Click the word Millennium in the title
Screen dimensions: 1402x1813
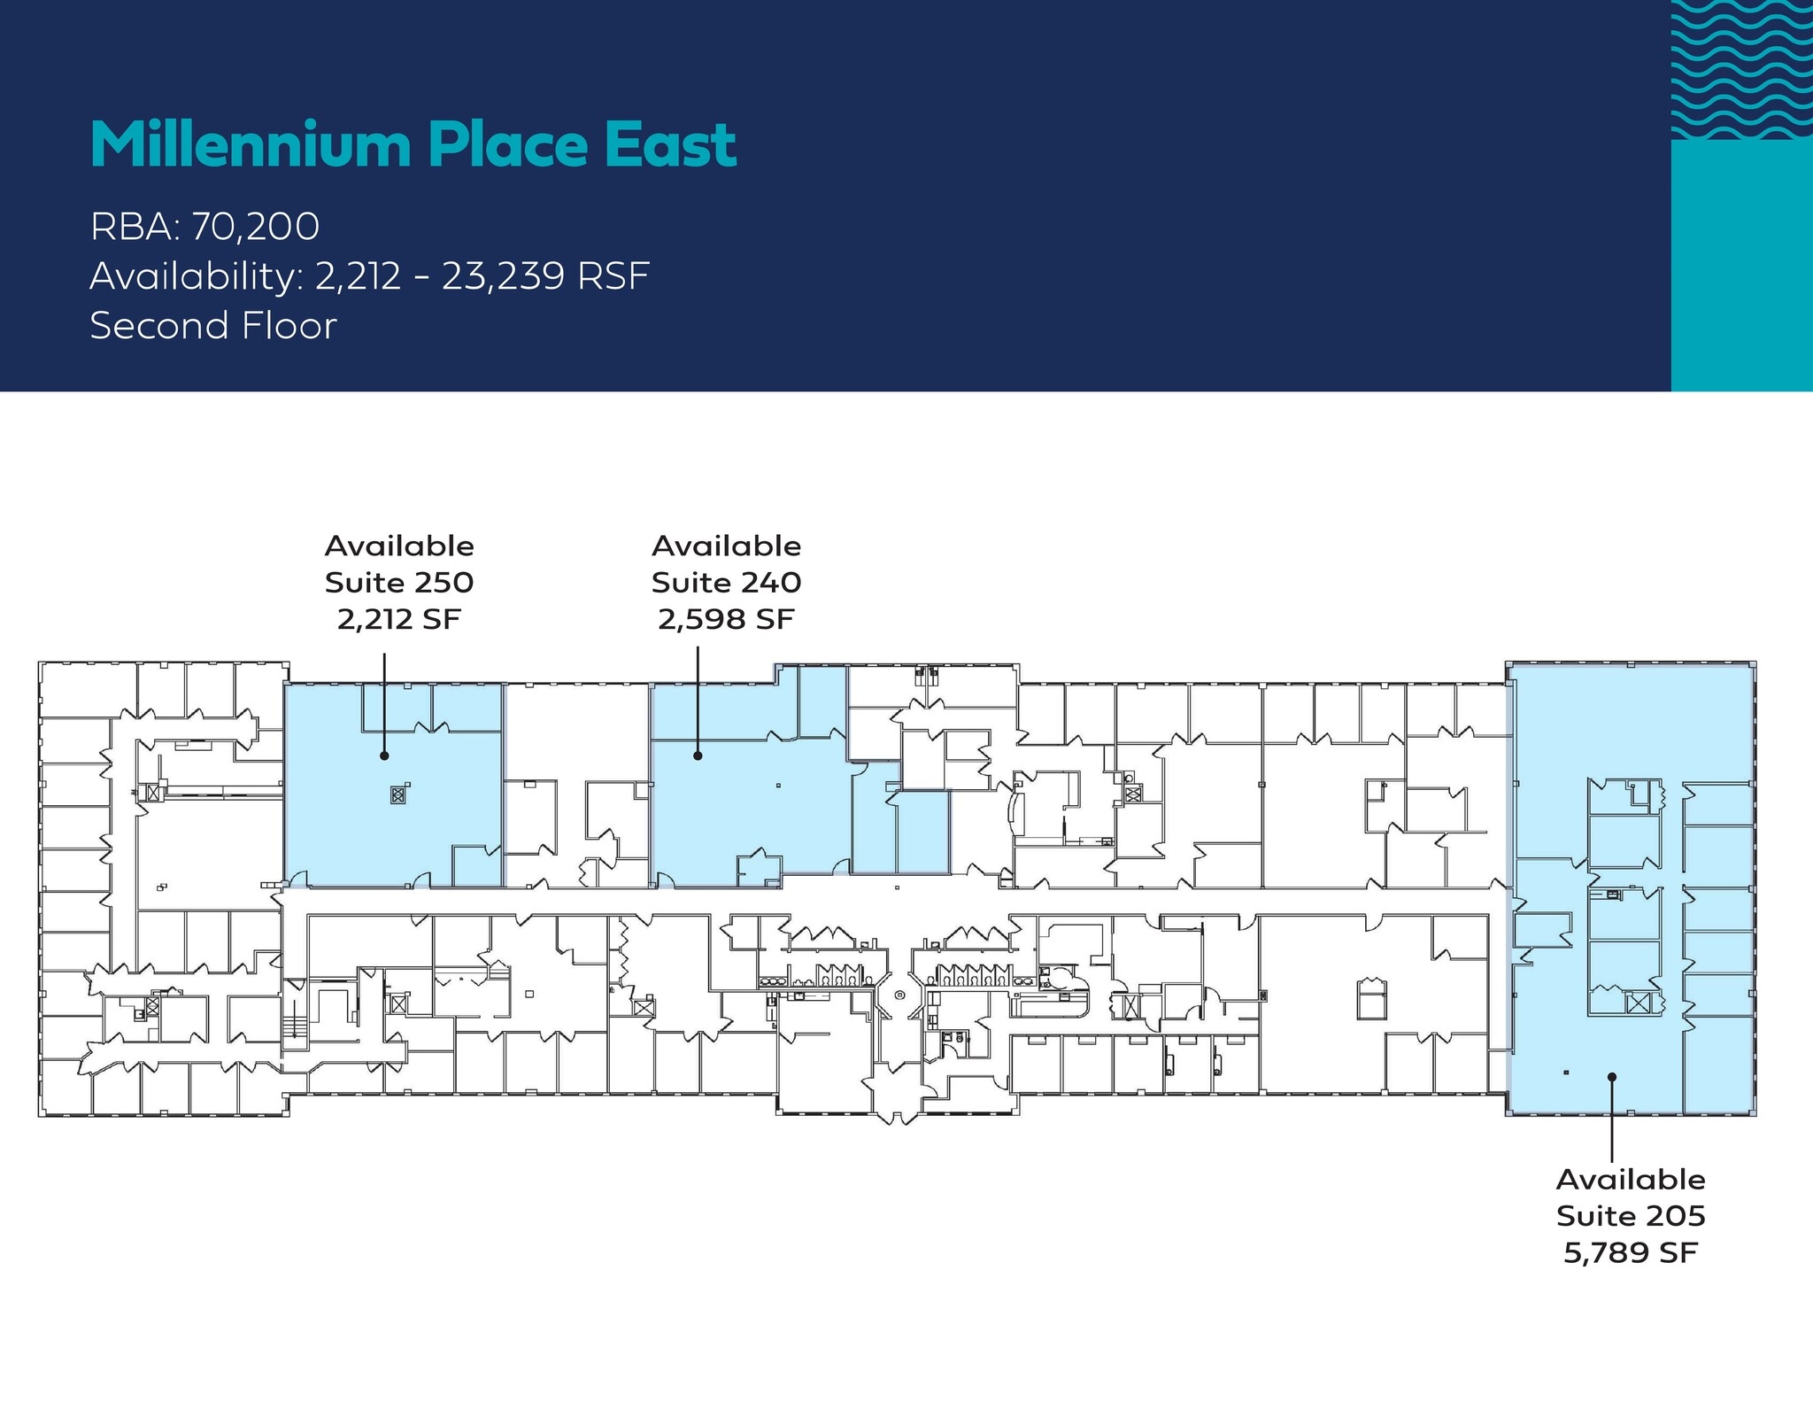point(251,144)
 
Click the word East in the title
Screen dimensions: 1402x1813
point(670,144)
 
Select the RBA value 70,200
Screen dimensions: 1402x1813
point(255,227)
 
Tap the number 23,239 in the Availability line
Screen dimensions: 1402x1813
point(504,276)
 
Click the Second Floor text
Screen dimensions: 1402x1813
point(213,326)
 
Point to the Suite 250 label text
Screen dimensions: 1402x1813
point(399,583)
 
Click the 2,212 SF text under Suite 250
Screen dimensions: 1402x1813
point(399,619)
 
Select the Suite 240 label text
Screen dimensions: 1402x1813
point(726,583)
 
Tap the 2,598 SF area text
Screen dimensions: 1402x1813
point(726,619)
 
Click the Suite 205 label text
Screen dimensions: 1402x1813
point(1631,1216)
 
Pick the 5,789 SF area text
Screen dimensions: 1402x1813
point(1631,1252)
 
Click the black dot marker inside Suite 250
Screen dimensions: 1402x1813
point(384,755)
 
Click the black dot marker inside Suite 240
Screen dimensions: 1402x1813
point(698,755)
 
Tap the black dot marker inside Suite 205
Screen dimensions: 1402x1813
point(1612,1078)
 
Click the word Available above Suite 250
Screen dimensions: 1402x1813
point(399,546)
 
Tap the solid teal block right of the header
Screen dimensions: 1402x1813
point(1741,266)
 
